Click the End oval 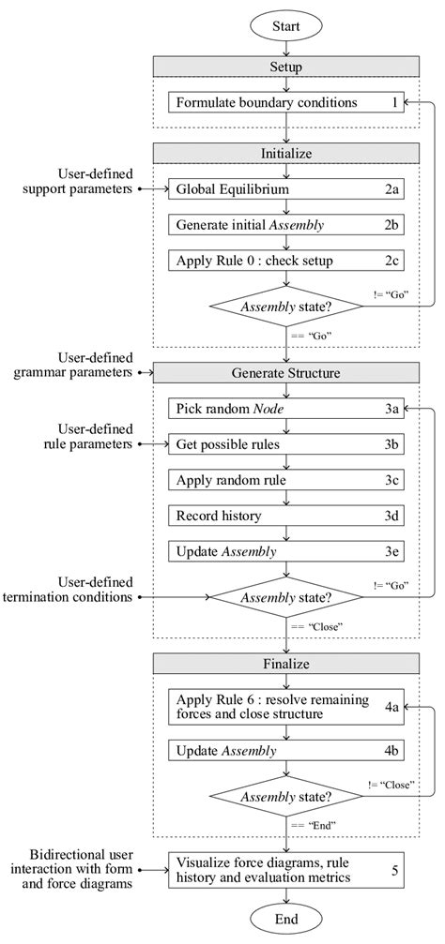pos(287,919)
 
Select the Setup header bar pos(287,67)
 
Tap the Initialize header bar pos(287,154)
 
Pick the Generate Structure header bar pos(287,372)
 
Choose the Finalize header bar pos(287,663)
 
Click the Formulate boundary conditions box pos(287,102)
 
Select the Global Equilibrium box pos(287,188)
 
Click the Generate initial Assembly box pos(287,224)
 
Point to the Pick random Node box pos(287,408)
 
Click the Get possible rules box pos(287,443)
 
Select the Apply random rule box pos(287,479)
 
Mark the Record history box pos(287,515)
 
